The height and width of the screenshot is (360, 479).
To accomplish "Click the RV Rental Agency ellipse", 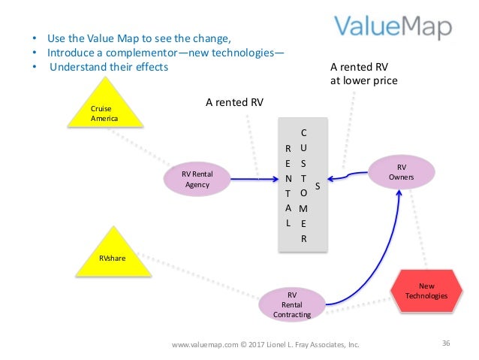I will pyautogui.click(x=197, y=179).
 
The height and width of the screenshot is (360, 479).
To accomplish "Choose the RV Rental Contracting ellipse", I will pyautogui.click(x=292, y=304).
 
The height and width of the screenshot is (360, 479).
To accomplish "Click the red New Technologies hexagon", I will pyautogui.click(x=426, y=291).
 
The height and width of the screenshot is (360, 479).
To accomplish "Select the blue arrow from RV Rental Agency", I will pyautogui.click(x=240, y=180).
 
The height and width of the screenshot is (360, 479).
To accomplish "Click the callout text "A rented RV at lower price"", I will pyautogui.click(x=363, y=74).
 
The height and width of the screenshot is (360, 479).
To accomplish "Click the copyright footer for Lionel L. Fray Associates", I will pyautogui.click(x=266, y=345).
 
